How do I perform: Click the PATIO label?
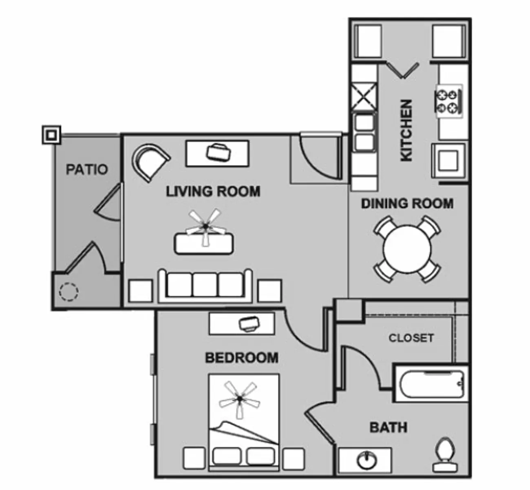[x=87, y=169]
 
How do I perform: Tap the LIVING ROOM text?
[x=213, y=192]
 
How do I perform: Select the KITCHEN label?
[x=406, y=131]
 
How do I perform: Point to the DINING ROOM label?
[x=407, y=203]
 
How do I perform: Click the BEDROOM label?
[x=242, y=358]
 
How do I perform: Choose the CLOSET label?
[x=411, y=338]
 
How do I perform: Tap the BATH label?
[x=389, y=428]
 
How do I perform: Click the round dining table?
[x=407, y=249]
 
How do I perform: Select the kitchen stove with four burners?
[x=449, y=101]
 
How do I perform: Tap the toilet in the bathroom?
[x=445, y=455]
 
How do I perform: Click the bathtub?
[x=432, y=384]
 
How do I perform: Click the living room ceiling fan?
[x=205, y=227]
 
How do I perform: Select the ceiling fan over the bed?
[x=239, y=399]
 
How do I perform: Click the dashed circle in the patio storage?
[x=68, y=292]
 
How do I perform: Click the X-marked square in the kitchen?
[x=364, y=96]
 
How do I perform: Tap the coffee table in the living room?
[x=204, y=243]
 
